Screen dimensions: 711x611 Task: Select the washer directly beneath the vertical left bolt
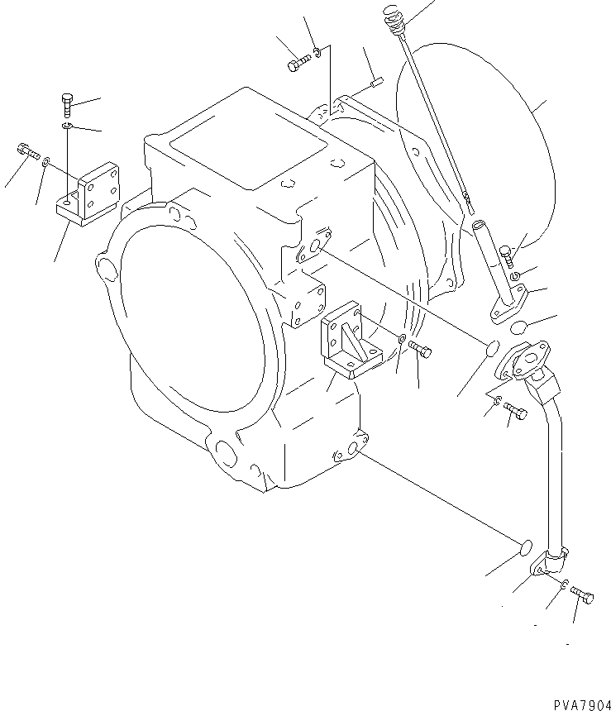pyautogui.click(x=67, y=126)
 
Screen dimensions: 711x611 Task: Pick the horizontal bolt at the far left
pyautogui.click(x=26, y=152)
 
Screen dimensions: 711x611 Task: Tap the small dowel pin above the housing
pyautogui.click(x=377, y=81)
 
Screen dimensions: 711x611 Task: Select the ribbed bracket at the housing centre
pyautogui.click(x=351, y=339)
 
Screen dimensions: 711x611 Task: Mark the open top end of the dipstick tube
pyautogui.click(x=480, y=225)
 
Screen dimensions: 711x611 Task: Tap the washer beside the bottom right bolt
pyautogui.click(x=563, y=586)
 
